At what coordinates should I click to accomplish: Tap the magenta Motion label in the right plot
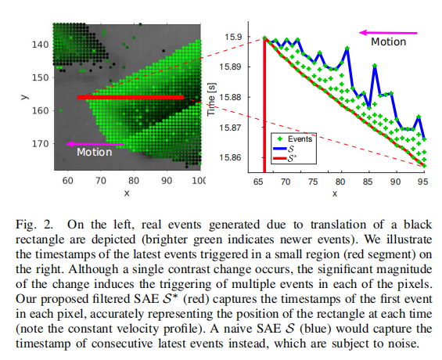click(x=389, y=42)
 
